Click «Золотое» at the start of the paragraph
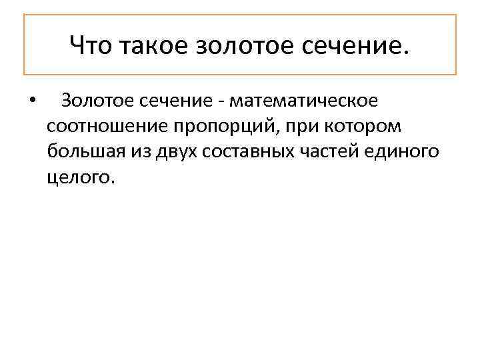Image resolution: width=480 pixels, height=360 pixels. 98,101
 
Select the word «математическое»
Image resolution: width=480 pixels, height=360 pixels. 303,101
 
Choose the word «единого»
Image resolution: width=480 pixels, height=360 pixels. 406,152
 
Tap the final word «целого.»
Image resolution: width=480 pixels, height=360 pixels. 81,177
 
